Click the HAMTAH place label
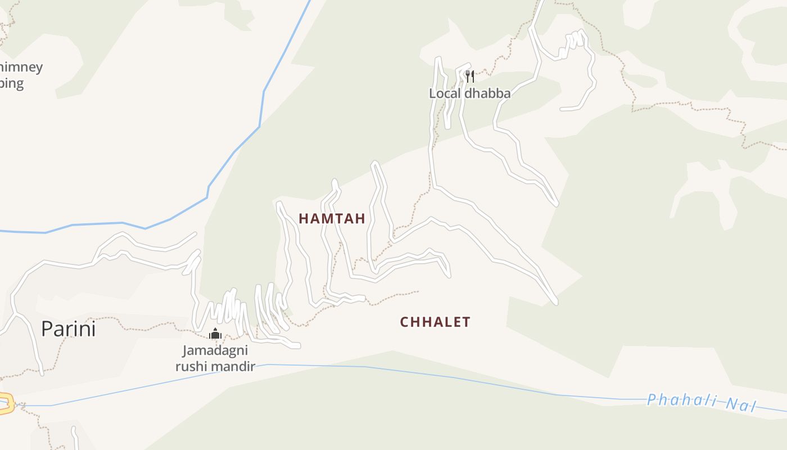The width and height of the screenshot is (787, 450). tap(332, 219)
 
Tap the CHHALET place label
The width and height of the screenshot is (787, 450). tap(435, 322)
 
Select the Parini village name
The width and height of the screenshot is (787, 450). tap(68, 329)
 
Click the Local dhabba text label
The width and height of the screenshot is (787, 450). tap(470, 93)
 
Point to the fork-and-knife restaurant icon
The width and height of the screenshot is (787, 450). tap(470, 76)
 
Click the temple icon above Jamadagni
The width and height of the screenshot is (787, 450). tap(215, 334)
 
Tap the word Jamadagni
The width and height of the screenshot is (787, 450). tap(215, 351)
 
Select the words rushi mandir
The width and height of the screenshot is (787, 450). tap(215, 367)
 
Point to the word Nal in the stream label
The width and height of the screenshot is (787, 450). tap(741, 405)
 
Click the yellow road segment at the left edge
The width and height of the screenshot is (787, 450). tap(6, 404)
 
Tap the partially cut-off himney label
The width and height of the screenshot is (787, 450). tap(21, 67)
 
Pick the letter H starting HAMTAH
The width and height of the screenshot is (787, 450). tap(304, 219)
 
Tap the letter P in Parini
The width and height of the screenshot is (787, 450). tap(47, 329)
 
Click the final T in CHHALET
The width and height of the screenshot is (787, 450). tap(466, 322)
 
